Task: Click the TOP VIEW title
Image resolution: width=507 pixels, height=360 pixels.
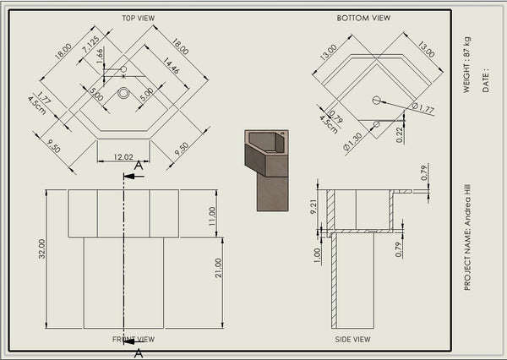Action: (x=138, y=18)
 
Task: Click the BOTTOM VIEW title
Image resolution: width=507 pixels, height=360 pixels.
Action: (x=363, y=18)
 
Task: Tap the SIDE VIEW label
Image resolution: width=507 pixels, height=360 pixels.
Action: (x=352, y=340)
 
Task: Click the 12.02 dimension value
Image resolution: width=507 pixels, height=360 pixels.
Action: (x=123, y=156)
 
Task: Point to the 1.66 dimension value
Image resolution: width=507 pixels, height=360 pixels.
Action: (x=101, y=56)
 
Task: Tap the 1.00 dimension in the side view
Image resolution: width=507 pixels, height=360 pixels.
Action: (x=317, y=253)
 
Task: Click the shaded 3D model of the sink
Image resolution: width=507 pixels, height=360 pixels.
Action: (x=267, y=167)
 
